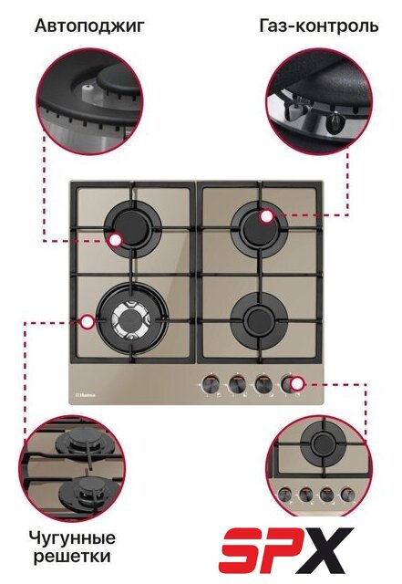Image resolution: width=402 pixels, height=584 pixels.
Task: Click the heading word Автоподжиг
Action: click(89, 26)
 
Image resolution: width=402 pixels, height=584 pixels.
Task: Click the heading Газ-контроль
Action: click(319, 26)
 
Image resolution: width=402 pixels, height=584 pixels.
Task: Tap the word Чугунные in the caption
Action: click(72, 538)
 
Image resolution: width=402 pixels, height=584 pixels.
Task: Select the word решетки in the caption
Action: click(72, 557)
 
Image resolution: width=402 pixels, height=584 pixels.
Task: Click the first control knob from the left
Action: click(211, 384)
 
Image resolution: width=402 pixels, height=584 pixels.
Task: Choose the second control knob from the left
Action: click(236, 384)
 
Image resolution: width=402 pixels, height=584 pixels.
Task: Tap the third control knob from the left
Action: click(262, 384)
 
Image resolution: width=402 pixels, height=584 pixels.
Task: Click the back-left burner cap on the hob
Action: click(131, 228)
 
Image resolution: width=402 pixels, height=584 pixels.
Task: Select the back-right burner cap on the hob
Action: click(259, 227)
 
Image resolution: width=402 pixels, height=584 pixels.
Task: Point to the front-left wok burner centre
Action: click(131, 320)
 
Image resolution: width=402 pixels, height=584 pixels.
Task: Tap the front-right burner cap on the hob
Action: click(259, 319)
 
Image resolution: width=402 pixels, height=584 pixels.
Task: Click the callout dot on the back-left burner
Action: click(116, 241)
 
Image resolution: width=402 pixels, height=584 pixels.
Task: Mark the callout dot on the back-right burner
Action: click(266, 217)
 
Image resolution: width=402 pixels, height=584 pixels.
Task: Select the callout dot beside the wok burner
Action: click(88, 322)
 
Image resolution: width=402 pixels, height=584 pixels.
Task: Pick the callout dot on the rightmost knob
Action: click(296, 383)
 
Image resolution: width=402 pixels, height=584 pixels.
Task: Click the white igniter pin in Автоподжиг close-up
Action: click(88, 89)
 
